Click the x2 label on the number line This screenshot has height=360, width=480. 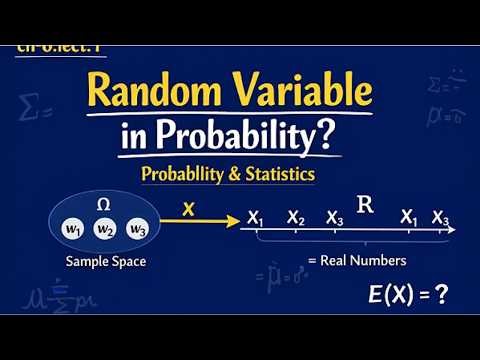pyautogui.click(x=295, y=217)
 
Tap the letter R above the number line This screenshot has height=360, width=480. pyautogui.click(x=366, y=206)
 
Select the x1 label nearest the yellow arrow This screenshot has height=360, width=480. pyautogui.click(x=256, y=217)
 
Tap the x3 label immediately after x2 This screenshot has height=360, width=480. pyautogui.click(x=335, y=217)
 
